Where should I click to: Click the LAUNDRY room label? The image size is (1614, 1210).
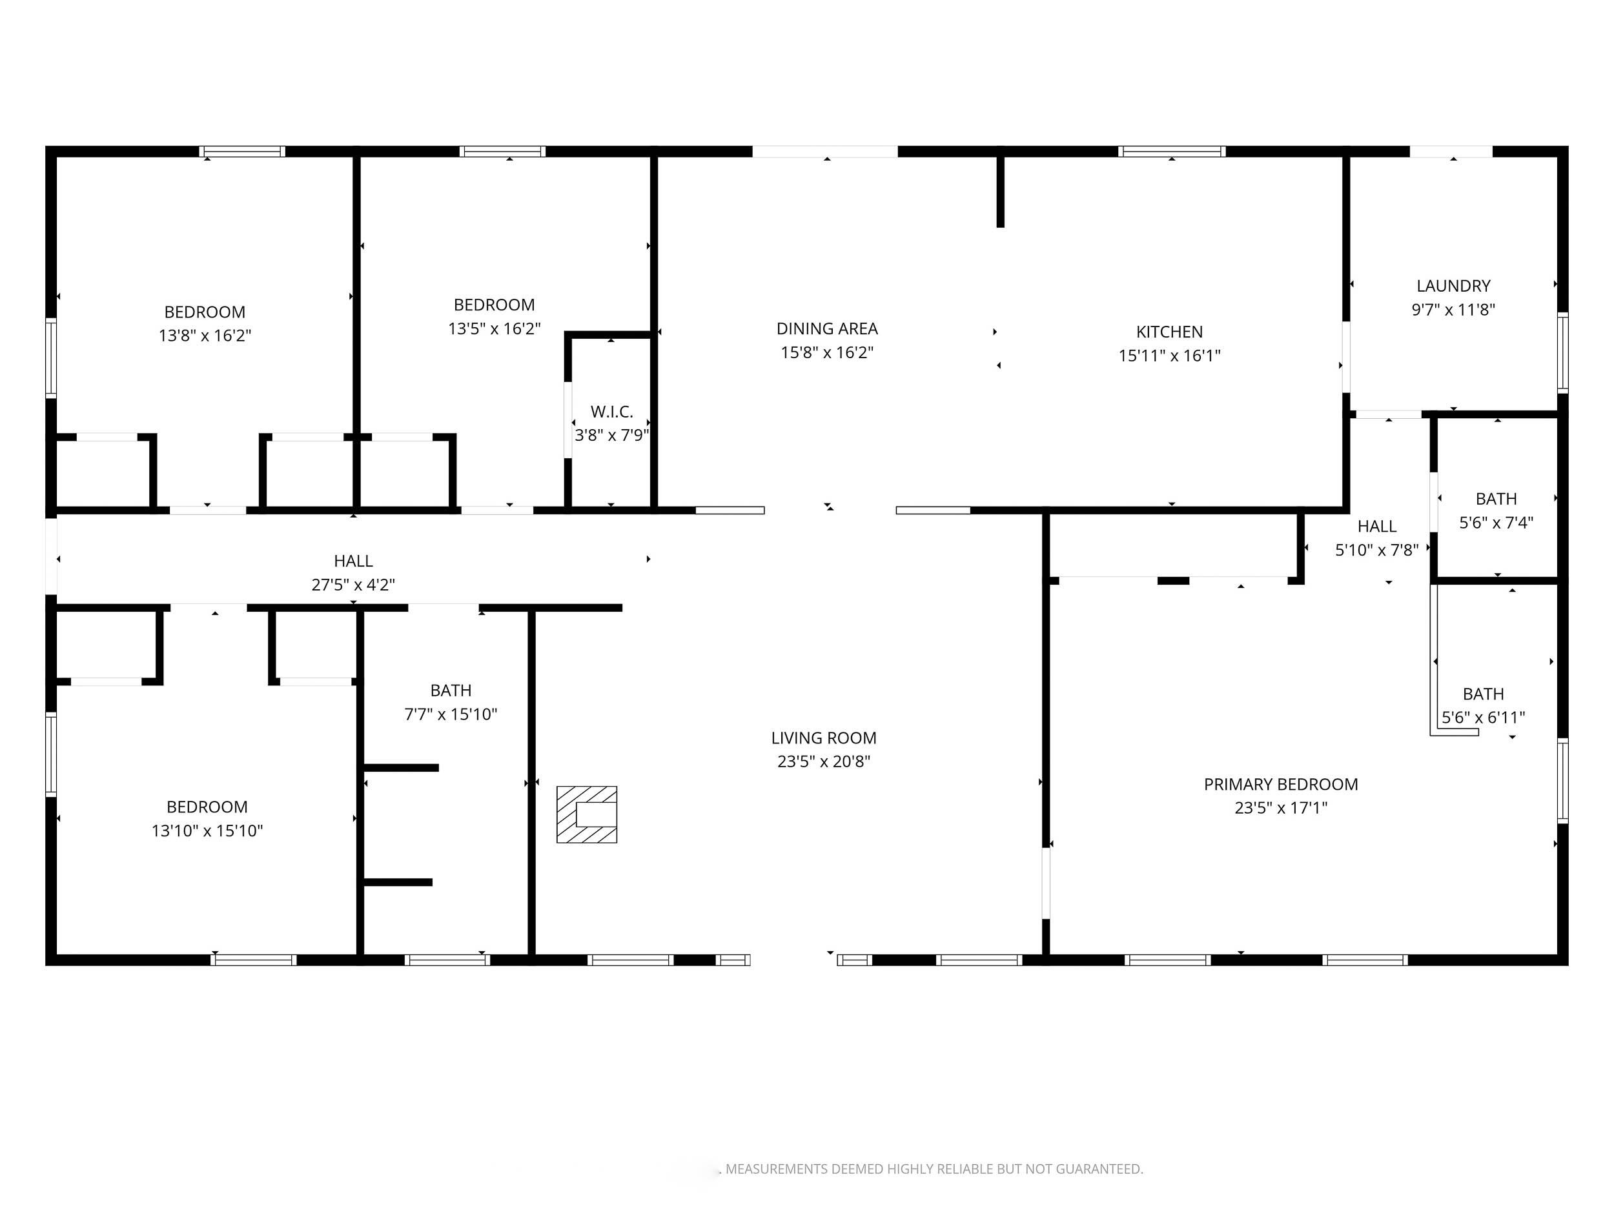tap(1453, 286)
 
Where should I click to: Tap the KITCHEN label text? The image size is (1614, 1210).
tap(1169, 332)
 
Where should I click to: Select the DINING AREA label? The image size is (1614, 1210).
tap(827, 329)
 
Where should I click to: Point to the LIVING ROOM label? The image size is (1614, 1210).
tap(824, 738)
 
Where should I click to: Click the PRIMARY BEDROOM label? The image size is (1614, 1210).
tap(1280, 784)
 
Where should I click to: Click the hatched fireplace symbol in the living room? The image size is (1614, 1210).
tap(587, 814)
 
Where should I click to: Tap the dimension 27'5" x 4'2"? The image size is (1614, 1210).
tap(353, 584)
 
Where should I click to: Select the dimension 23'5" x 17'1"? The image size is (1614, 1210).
tap(1280, 807)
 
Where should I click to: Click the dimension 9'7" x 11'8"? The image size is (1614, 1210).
tap(1453, 309)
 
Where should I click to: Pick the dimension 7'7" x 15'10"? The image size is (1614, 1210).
tap(450, 714)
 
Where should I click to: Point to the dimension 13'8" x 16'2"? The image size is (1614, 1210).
tap(205, 336)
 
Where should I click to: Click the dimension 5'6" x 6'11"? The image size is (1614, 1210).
tap(1484, 717)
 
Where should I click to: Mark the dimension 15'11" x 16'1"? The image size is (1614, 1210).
tap(1169, 355)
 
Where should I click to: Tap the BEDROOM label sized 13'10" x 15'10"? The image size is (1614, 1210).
tap(207, 807)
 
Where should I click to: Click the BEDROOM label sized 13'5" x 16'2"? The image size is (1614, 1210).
tap(494, 305)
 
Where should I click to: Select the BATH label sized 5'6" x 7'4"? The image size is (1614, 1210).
tap(1496, 499)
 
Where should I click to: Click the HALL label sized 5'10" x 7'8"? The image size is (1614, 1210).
tap(1377, 527)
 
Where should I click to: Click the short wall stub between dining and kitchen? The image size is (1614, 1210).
tap(1001, 191)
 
